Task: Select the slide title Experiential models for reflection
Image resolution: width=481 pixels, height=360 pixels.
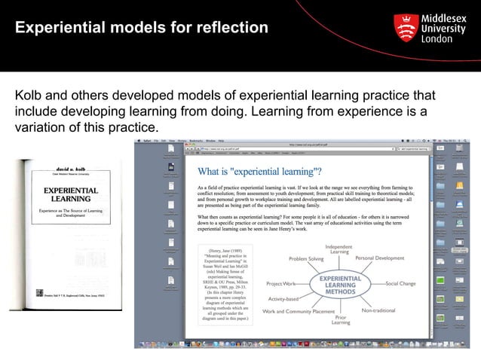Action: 142,29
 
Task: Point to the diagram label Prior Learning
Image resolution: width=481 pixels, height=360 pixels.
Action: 341,320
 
